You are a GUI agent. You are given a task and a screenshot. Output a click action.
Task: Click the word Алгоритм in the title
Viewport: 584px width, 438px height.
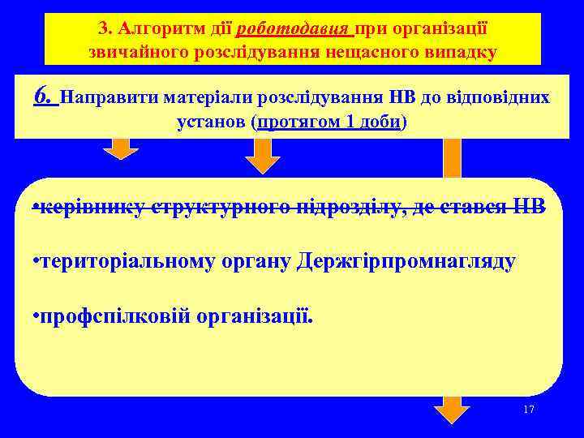[x=151, y=29]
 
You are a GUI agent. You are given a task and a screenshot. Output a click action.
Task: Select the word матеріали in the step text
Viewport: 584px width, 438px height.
[x=208, y=99]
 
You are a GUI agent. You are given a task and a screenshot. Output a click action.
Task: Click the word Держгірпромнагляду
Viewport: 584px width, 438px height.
[x=406, y=262]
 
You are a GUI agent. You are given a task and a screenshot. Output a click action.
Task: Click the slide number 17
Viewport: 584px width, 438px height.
[x=529, y=410]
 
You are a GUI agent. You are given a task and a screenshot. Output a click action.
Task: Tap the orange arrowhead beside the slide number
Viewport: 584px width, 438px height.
[x=452, y=410]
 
